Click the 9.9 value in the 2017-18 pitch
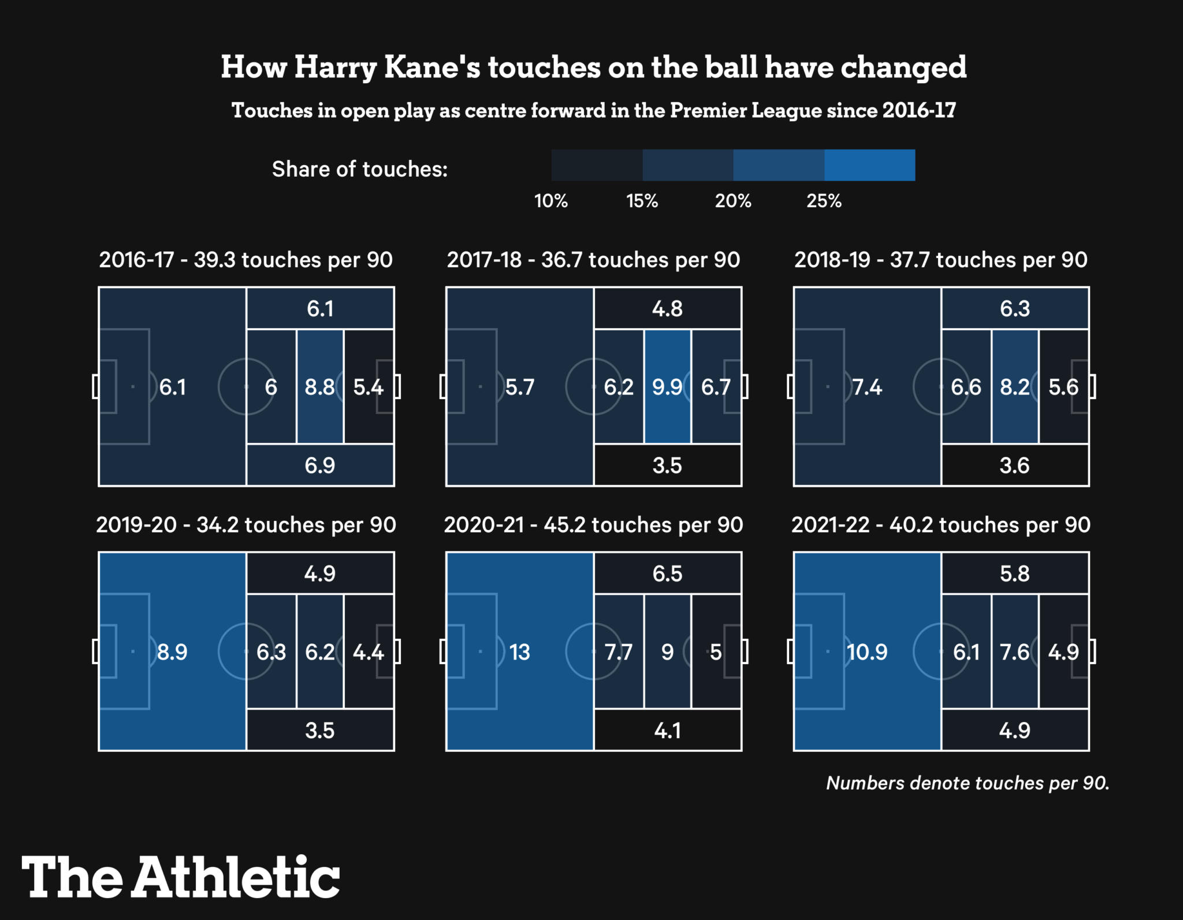tap(667, 387)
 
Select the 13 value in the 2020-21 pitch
tap(519, 652)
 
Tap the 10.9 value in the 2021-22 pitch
tap(866, 652)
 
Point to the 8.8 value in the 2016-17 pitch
tap(319, 387)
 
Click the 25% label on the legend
tap(824, 201)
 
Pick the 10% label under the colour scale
tap(550, 201)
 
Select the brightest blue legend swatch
tap(869, 165)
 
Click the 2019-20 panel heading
tap(246, 525)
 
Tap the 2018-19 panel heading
tap(940, 260)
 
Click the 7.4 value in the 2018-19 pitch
tap(867, 387)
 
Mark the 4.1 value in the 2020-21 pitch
tap(667, 731)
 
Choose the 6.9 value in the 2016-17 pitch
tap(319, 465)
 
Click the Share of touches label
tap(359, 169)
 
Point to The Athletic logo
tap(180, 877)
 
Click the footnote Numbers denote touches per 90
tap(968, 783)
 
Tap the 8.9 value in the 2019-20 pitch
tap(172, 652)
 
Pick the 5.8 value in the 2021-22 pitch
tap(1014, 573)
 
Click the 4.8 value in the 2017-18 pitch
tap(667, 309)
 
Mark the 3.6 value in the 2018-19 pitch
tap(1014, 465)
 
